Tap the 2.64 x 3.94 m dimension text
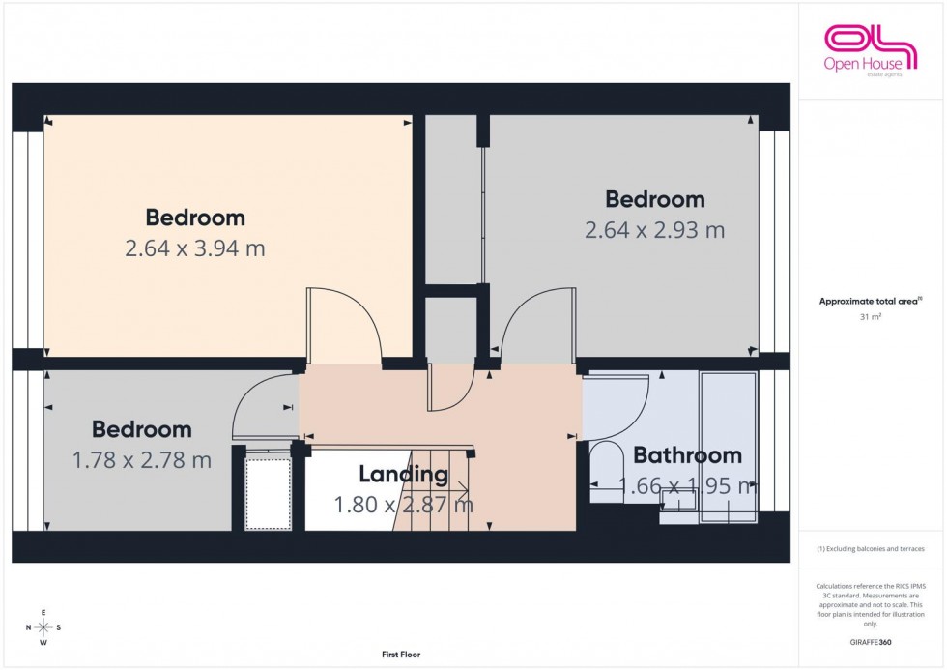(194, 248)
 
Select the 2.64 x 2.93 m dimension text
(654, 230)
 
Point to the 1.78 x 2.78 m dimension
(142, 460)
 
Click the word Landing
(403, 474)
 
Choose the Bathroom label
(687, 454)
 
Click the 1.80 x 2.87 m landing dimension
(403, 504)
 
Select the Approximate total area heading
(871, 302)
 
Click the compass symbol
(43, 627)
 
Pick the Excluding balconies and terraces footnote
(871, 548)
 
